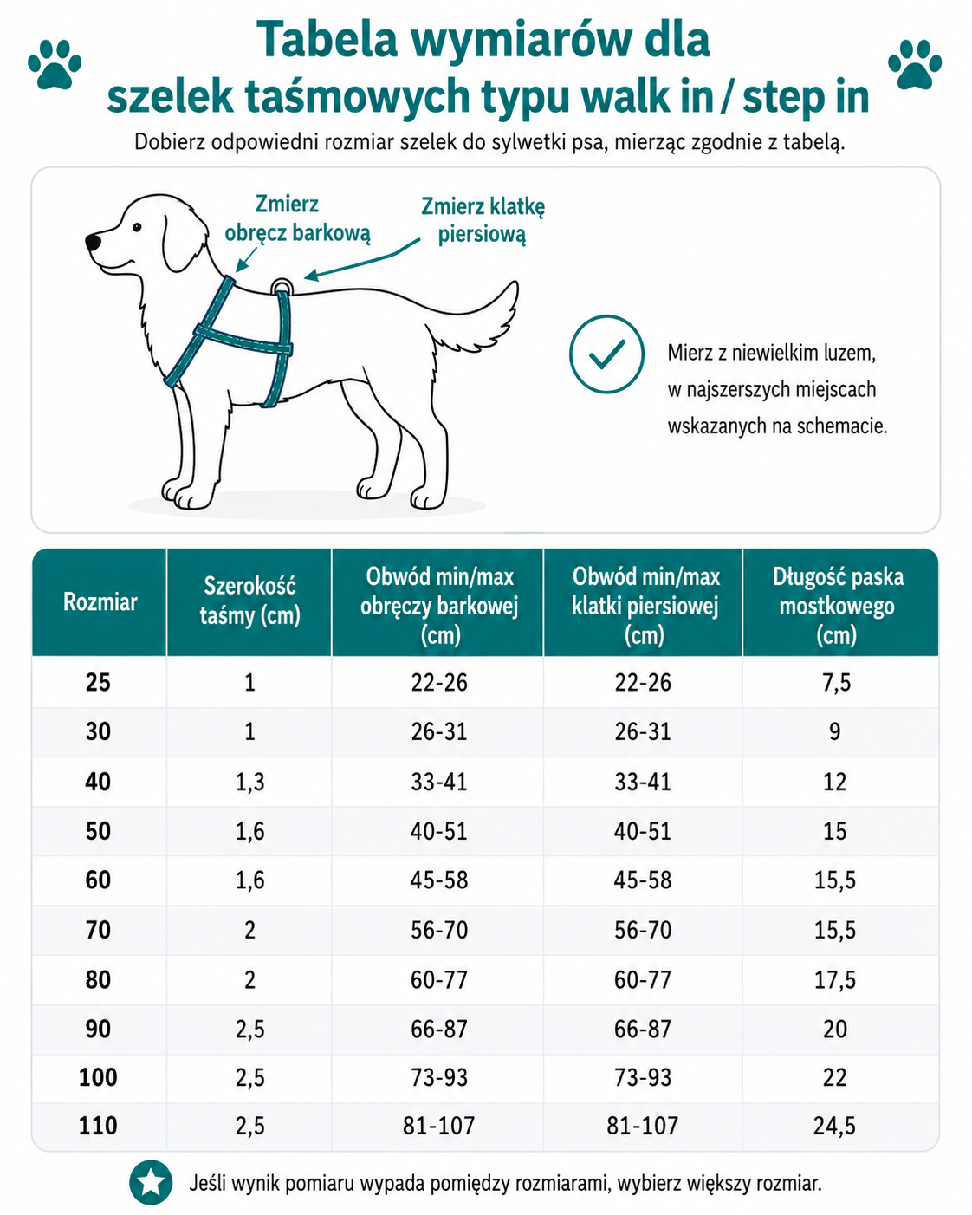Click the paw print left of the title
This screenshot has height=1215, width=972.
55,64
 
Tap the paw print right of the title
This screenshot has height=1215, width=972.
915,64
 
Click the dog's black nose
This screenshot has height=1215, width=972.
93,242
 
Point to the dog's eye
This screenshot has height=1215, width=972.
137,227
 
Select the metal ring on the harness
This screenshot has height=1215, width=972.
281,286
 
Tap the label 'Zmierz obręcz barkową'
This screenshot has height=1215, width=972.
297,219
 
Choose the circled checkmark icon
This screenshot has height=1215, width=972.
606,354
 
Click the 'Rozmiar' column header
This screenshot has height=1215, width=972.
100,601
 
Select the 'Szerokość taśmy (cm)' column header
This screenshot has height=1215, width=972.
249,601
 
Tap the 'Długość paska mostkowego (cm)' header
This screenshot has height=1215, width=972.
837,606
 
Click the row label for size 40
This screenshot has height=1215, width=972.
98,782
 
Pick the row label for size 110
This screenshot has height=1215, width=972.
98,1126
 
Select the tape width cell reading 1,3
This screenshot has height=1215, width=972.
250,782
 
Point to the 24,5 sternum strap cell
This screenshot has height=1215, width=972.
835,1126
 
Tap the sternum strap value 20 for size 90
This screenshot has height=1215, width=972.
835,1029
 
